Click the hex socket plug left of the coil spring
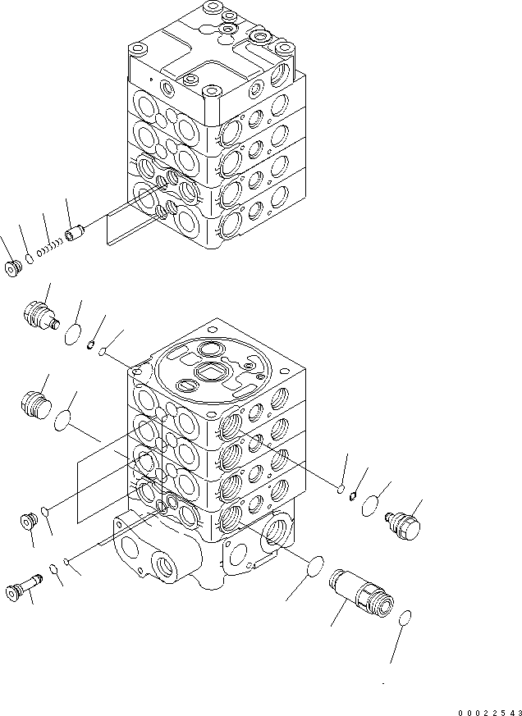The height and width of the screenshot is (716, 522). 14,268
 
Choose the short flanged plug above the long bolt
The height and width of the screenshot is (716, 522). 29,520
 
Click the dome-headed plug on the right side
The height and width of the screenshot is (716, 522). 402,525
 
